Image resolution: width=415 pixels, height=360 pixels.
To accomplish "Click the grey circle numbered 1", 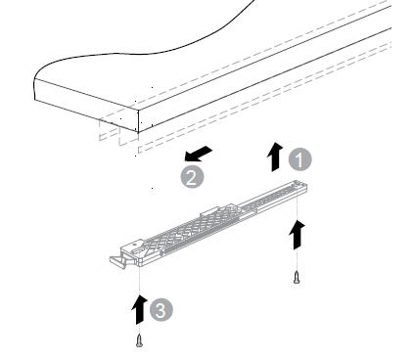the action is click(300, 159).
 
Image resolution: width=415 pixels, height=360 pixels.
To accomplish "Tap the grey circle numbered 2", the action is click(192, 177).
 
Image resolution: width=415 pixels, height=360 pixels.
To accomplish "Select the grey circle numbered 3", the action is click(161, 310).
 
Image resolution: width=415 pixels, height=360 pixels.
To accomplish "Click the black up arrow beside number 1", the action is click(275, 157).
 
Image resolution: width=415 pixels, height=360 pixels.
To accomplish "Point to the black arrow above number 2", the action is click(198, 154).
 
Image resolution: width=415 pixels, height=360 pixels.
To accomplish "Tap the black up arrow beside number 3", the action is click(139, 310).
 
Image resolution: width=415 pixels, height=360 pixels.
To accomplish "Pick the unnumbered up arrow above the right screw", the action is click(297, 235).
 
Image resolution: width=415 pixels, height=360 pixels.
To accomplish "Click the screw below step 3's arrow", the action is click(139, 340).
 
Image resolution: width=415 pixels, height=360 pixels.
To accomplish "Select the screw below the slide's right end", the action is click(297, 277).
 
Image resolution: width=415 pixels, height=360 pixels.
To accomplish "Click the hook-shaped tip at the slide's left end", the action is click(117, 262).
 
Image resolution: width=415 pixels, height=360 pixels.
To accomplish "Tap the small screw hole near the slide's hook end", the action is click(133, 244).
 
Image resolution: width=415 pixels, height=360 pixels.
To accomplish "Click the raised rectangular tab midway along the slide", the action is click(209, 211).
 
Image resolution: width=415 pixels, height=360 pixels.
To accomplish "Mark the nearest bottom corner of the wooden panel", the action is click(138, 132).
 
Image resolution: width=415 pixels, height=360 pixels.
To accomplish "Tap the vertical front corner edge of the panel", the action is click(138, 121).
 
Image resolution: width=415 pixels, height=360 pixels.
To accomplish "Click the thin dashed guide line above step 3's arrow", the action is click(139, 280).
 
